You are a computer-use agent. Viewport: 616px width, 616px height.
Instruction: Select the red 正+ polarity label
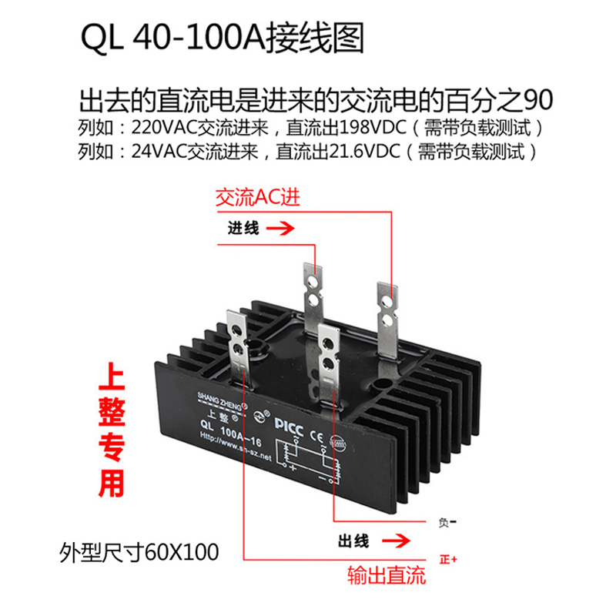pyautogui.click(x=447, y=558)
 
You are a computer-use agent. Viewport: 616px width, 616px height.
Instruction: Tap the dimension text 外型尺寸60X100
pyautogui.click(x=139, y=552)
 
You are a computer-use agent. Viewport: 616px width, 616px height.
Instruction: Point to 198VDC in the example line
pyautogui.click(x=363, y=126)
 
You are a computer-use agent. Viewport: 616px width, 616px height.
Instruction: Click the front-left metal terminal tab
pyautogui.click(x=237, y=340)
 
